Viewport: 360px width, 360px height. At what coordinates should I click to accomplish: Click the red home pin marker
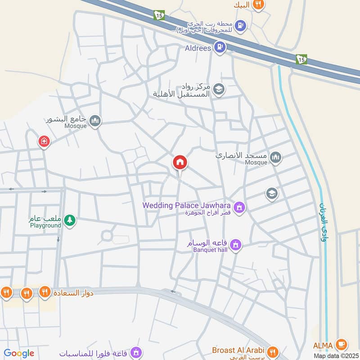(180, 163)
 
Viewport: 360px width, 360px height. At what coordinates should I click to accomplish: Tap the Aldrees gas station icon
(220, 46)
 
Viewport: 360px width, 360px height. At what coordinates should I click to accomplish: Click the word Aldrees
(198, 48)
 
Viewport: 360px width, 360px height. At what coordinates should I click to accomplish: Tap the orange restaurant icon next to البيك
(258, 4)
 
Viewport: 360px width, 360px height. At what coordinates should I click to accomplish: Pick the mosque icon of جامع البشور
(95, 121)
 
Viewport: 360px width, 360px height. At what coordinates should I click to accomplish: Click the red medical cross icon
(44, 142)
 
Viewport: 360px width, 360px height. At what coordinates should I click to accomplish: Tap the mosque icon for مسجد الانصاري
(276, 157)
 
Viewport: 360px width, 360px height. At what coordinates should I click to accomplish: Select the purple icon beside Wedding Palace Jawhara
(240, 207)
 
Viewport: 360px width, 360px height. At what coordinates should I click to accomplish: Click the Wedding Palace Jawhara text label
(187, 205)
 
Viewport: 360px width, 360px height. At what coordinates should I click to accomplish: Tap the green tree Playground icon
(69, 220)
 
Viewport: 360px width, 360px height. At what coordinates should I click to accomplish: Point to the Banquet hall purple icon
(235, 245)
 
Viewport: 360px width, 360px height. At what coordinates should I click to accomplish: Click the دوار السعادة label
(73, 293)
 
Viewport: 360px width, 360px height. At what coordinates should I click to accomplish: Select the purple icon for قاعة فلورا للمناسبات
(138, 352)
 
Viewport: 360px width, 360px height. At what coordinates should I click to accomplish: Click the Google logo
(19, 353)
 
